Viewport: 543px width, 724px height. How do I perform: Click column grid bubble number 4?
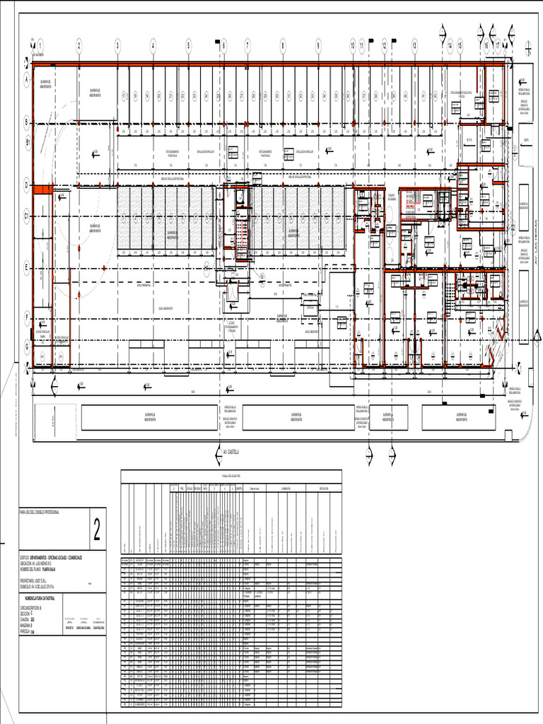[x=153, y=45]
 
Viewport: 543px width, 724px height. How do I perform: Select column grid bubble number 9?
[x=318, y=45]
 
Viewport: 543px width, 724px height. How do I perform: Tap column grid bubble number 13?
[x=414, y=45]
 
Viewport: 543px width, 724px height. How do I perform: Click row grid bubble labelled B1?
[x=27, y=142]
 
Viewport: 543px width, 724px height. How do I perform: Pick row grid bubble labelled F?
[x=27, y=317]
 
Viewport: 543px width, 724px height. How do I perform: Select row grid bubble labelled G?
[x=27, y=346]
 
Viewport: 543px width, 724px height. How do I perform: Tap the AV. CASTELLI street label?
[x=231, y=450]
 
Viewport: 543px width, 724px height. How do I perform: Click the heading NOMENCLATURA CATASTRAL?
[x=42, y=598]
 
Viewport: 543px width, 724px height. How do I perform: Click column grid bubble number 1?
[x=40, y=45]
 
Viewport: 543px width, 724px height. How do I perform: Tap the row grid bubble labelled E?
[x=27, y=267]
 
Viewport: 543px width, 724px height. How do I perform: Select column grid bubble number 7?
[x=247, y=45]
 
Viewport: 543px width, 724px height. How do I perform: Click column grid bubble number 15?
[x=460, y=45]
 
